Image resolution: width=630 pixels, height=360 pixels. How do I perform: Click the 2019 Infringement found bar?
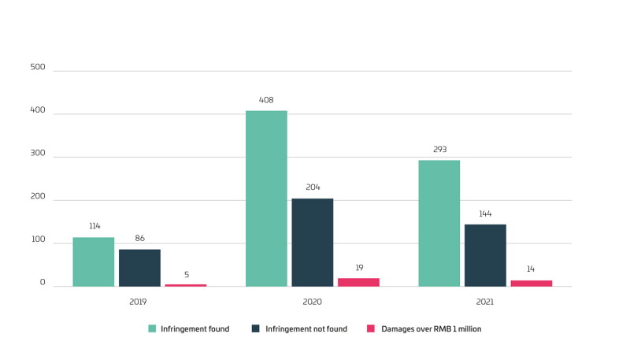click(x=94, y=262)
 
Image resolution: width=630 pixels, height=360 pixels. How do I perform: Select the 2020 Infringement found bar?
click(x=266, y=199)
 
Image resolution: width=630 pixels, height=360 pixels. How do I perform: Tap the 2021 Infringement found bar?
click(x=439, y=224)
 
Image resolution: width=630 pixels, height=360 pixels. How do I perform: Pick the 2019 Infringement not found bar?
click(x=139, y=268)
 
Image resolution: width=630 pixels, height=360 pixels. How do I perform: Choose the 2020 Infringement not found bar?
click(x=313, y=243)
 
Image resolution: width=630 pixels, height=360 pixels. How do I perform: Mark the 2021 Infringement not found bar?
click(x=485, y=255)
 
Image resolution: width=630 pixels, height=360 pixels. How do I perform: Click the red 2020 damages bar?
click(x=358, y=282)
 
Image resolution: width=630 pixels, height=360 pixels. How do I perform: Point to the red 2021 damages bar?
click(x=532, y=284)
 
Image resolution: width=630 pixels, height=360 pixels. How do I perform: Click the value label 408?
click(x=266, y=100)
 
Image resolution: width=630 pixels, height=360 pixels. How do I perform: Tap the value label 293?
click(x=440, y=150)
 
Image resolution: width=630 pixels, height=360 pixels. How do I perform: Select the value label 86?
click(x=140, y=238)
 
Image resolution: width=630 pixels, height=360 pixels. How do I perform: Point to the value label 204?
click(x=313, y=187)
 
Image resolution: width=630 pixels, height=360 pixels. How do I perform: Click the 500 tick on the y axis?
click(x=38, y=67)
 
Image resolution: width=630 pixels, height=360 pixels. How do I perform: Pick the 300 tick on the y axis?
click(x=38, y=153)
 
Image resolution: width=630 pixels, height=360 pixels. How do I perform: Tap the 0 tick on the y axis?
click(x=43, y=283)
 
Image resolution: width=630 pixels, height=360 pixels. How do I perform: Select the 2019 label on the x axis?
click(x=138, y=302)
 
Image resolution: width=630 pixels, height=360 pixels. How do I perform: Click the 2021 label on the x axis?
click(x=485, y=302)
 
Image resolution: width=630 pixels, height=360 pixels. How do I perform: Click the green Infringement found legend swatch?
click(x=152, y=328)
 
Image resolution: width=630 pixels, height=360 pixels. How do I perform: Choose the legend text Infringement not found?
click(x=306, y=329)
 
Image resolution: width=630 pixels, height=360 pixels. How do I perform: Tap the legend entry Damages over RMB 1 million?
click(x=424, y=329)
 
